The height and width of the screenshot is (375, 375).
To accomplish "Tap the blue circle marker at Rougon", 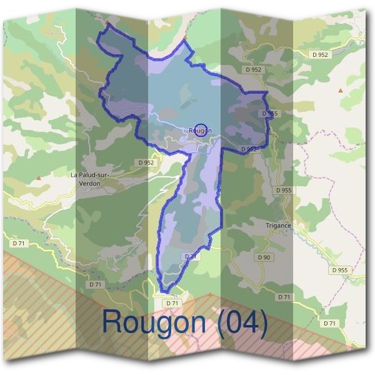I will pos(200,127).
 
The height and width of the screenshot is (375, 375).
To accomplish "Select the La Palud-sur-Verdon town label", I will pos(90,179).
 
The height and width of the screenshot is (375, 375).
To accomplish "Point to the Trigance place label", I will pos(278,226).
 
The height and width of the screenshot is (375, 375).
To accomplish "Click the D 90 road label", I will pos(264,257).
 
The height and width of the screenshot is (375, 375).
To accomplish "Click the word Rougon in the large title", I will pos(153,322).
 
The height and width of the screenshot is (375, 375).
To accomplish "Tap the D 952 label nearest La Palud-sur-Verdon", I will pos(145,162).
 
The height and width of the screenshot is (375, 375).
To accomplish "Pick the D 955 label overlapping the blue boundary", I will pos(269,113).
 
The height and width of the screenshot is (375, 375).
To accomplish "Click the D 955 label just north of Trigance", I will pos(283,189).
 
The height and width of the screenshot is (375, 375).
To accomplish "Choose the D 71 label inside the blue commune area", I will pos(191,256).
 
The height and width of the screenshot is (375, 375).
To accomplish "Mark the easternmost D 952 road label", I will pos(319,54).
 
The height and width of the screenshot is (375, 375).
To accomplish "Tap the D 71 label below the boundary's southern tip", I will pos(172,303).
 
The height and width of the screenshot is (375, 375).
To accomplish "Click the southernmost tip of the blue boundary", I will pos(166,291).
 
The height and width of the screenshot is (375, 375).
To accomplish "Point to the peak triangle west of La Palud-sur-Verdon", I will pos(39,178).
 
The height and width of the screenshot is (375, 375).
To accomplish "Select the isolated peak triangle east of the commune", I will pos(341,91).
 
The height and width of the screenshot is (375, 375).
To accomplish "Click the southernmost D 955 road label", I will pos(339,270).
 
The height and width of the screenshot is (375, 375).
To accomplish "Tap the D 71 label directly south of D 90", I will pos(284,296).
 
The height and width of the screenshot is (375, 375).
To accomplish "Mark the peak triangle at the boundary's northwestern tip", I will pos(107,23).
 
